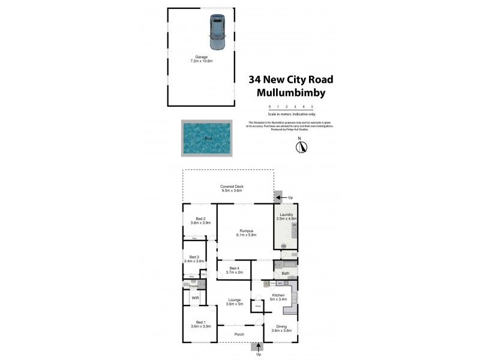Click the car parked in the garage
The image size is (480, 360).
pos(216,33)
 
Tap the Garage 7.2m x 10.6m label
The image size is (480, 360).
pos(202,59)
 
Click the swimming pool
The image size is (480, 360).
pos(208,138)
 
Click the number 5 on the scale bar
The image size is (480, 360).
pos(312,106)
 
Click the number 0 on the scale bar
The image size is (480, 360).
pos(269,106)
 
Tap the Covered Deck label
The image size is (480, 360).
pos(231,188)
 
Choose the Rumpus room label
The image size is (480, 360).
pos(246,232)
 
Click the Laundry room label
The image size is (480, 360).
pos(285,217)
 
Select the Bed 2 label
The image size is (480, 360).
pos(200,220)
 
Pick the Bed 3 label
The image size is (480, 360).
pos(194,259)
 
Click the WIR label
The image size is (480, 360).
pos(195,298)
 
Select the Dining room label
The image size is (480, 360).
pos(281,329)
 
